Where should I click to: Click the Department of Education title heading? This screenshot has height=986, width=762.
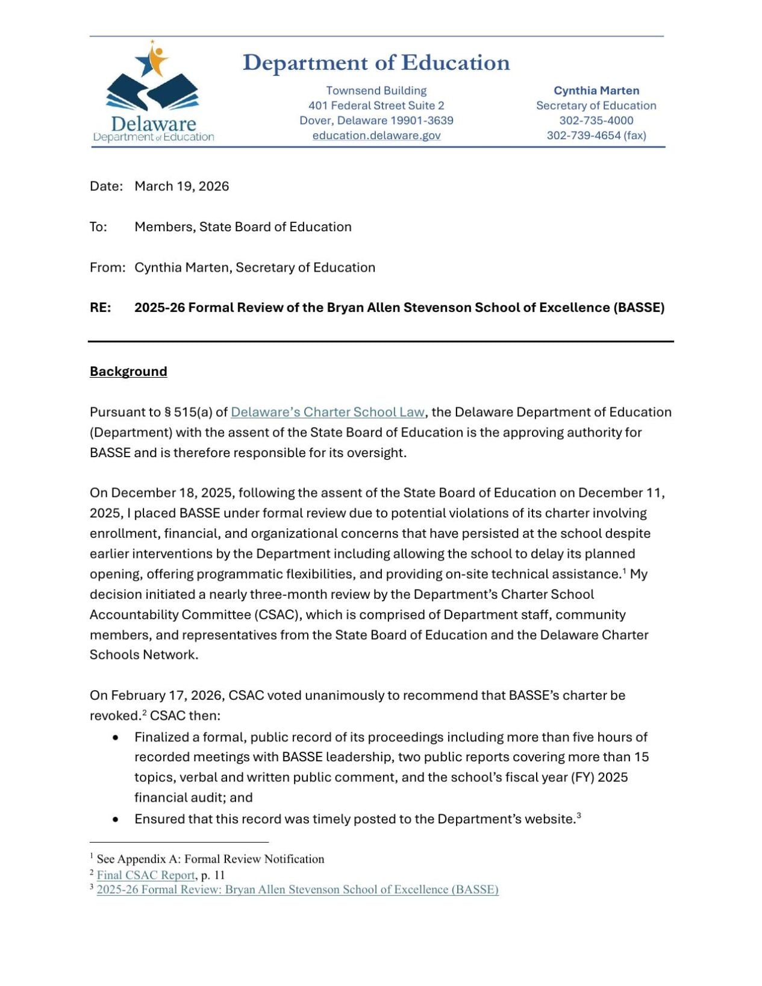coord(376,63)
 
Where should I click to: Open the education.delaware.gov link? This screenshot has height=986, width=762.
coord(376,136)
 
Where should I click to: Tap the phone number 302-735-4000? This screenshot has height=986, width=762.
coord(596,120)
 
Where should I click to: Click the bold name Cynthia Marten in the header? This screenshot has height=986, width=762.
coord(596,91)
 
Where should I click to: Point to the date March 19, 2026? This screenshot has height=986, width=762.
coord(181,186)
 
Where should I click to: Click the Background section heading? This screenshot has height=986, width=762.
coord(128,372)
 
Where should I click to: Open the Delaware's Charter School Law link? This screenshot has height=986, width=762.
coord(327,412)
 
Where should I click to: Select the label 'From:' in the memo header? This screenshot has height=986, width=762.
coord(107,267)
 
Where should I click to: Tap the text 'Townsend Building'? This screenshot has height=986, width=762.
coord(376,91)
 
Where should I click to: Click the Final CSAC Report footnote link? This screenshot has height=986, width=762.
coord(146,875)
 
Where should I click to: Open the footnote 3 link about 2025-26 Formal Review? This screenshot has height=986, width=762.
coord(297,890)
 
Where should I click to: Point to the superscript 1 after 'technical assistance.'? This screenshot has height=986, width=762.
coord(625,570)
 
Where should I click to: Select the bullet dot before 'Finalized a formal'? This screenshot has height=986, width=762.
coord(116,738)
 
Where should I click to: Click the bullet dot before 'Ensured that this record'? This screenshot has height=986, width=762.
coord(116,820)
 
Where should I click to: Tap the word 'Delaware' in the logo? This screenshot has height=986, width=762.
coord(154,125)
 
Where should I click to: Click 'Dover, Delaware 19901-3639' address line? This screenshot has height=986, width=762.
coord(376,120)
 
